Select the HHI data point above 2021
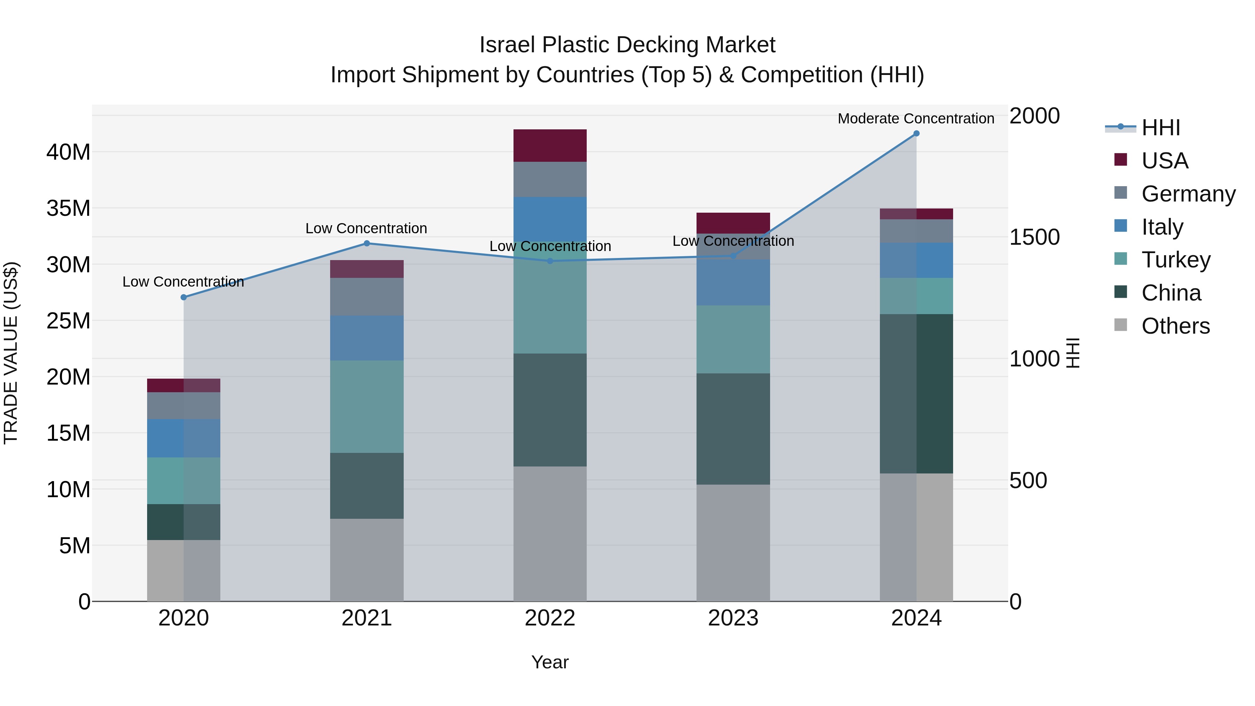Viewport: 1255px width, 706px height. [x=367, y=243]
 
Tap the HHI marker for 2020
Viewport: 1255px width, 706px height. [x=184, y=297]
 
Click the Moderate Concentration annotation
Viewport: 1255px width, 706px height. [x=915, y=119]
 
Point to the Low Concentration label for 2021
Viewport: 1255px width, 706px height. [x=366, y=228]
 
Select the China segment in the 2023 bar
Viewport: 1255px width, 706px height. [x=733, y=429]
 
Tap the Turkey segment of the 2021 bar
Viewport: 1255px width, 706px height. [x=367, y=407]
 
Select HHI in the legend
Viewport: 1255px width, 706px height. [x=1160, y=128]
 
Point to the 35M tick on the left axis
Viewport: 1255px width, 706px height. [x=68, y=208]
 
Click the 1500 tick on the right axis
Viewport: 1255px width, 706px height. [x=1034, y=237]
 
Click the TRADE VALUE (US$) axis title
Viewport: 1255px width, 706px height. [x=11, y=353]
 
